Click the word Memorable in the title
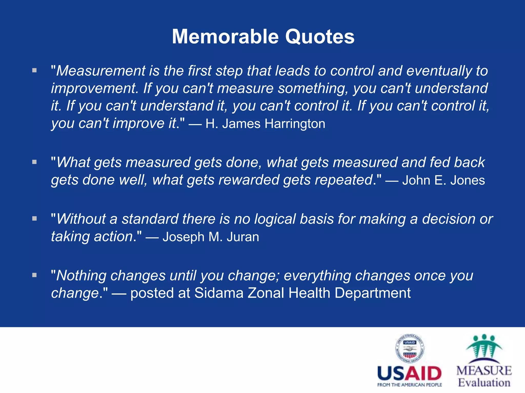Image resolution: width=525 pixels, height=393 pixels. click(x=225, y=37)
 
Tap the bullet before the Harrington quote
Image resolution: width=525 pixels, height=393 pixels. click(x=35, y=70)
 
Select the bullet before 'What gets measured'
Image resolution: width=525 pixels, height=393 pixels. click(x=35, y=162)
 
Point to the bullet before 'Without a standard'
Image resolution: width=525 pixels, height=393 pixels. click(x=35, y=219)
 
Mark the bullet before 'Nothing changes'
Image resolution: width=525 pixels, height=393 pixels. click(x=35, y=275)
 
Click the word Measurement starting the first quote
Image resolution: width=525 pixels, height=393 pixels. click(x=101, y=71)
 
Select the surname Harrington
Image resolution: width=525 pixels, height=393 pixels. click(x=295, y=124)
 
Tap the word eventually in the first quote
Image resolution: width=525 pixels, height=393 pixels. click(x=439, y=71)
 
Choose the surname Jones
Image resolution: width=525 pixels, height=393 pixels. click(x=468, y=180)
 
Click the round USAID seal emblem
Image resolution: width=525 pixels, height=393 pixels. click(x=410, y=349)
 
